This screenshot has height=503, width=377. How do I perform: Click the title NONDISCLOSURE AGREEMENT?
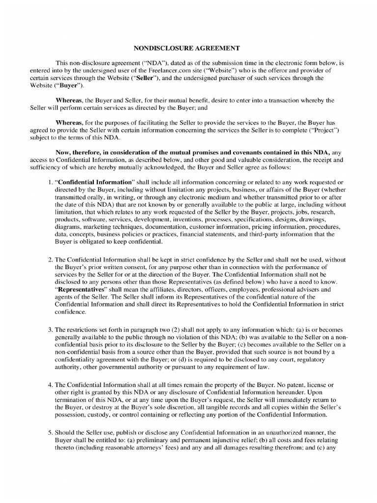(x=187, y=48)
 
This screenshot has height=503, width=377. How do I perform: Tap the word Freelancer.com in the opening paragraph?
(x=162, y=70)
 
